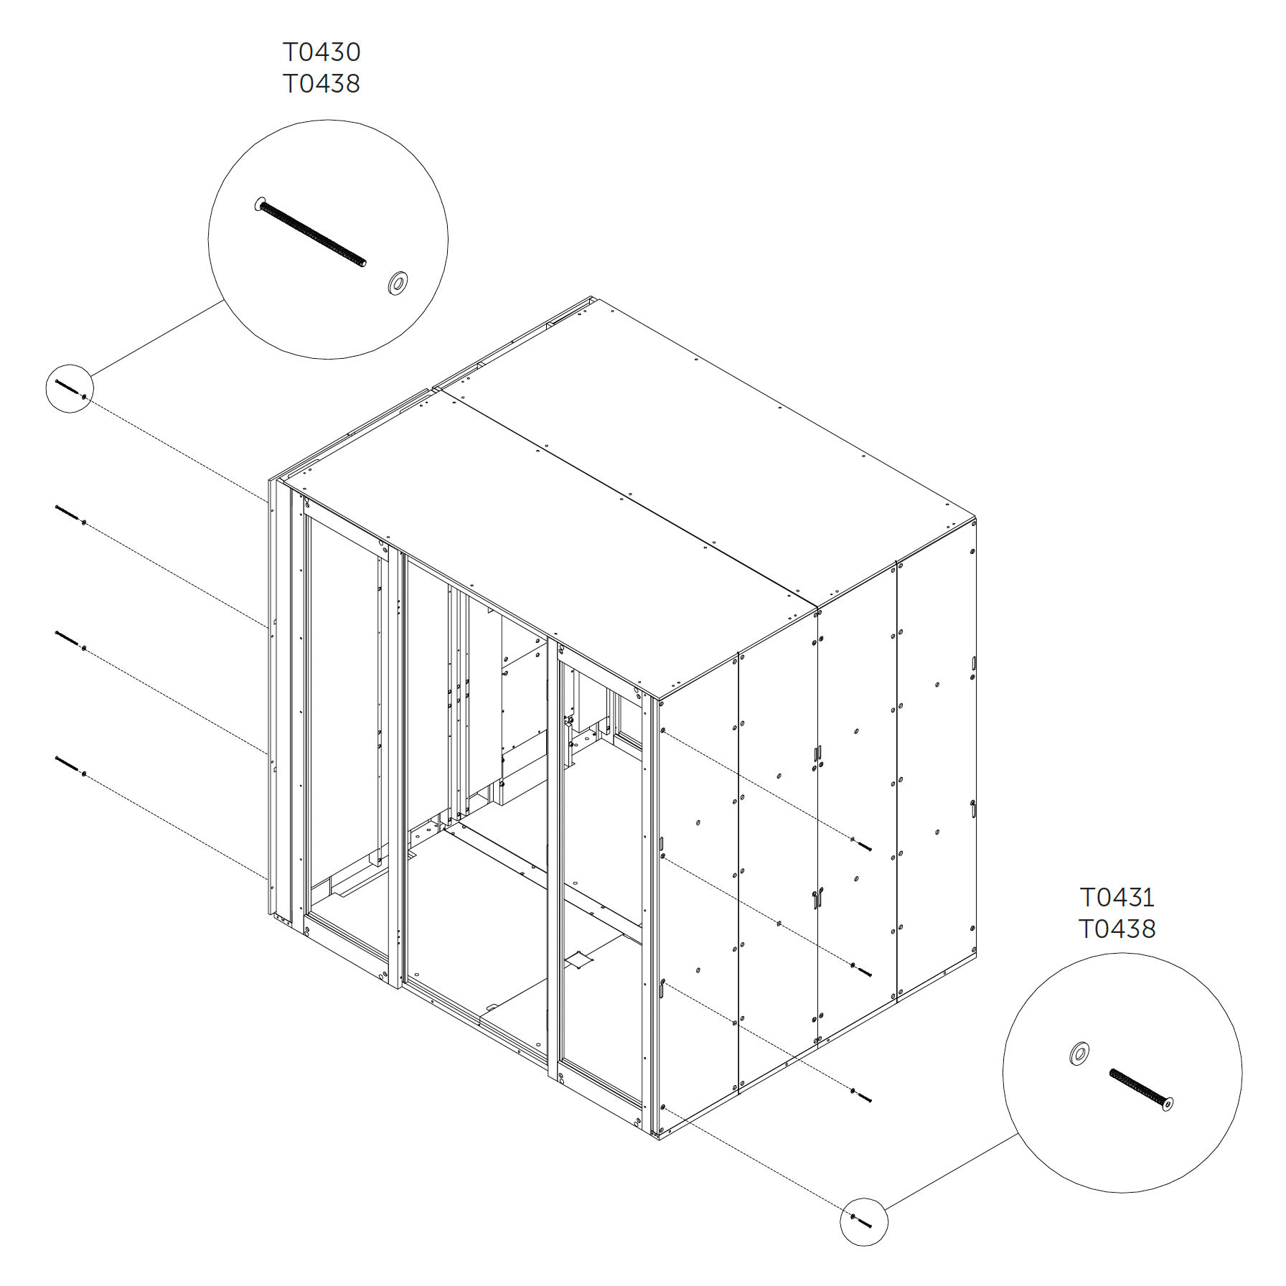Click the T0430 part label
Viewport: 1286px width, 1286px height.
coord(321,52)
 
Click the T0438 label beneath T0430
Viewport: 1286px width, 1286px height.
coord(321,83)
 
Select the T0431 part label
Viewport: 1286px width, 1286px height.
coord(1117,897)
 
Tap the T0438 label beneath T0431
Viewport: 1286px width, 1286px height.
coord(1117,929)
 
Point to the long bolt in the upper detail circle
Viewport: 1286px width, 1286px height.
coord(310,231)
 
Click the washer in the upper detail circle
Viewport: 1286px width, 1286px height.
coord(396,283)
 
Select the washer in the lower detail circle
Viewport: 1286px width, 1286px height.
coord(1079,1053)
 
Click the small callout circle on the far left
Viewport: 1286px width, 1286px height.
coord(70,388)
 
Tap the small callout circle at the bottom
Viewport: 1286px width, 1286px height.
coord(864,1221)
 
